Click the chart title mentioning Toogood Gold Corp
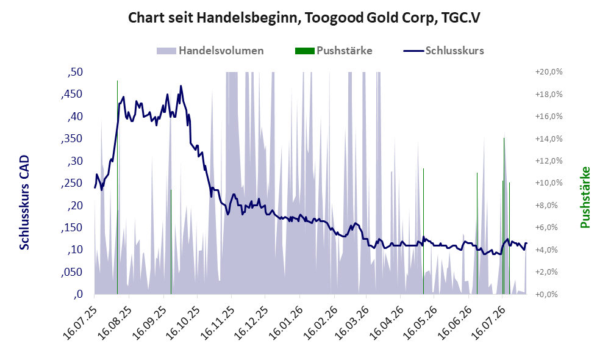coord(304,18)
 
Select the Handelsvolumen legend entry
coord(210,51)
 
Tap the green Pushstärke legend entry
coord(334,51)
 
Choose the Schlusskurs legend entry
coord(443,51)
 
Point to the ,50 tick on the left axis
coord(75,72)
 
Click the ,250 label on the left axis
coord(72,183)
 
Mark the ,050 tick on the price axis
coord(72,272)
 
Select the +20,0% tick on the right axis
coord(549,72)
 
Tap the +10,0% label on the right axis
coord(549,182)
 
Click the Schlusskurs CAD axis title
coord(24,203)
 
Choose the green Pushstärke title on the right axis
coord(585,197)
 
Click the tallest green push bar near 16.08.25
coord(117,187)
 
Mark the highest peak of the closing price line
coord(181,87)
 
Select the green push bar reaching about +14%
coord(504,216)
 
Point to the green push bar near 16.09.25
coord(171,242)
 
